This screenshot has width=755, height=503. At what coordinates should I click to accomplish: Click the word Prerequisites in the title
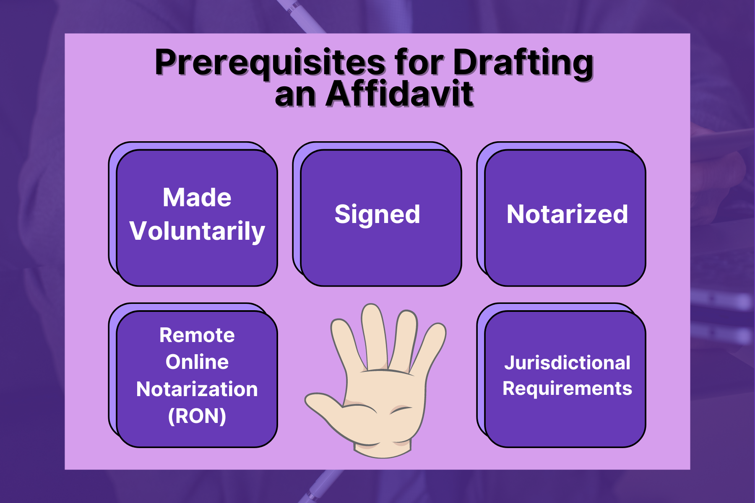tap(270, 63)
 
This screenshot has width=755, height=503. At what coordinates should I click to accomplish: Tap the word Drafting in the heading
tap(523, 63)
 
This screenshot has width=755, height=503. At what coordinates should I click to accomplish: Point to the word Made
tap(197, 197)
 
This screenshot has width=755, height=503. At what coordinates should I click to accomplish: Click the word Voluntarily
tap(197, 231)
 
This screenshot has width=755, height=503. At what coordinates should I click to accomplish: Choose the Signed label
tap(377, 215)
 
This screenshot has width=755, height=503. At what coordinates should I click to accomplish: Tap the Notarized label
tap(567, 214)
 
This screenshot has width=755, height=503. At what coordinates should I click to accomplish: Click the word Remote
tap(197, 335)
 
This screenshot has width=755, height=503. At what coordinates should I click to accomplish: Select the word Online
tap(197, 362)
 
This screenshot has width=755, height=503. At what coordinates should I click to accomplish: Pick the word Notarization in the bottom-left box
tap(197, 389)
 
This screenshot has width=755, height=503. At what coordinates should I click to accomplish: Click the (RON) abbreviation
tap(197, 416)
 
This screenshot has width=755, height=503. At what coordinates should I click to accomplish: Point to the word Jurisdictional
tap(567, 363)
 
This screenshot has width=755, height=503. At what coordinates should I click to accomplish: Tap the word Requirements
tap(567, 389)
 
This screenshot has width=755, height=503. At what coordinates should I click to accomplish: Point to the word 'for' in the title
tap(419, 63)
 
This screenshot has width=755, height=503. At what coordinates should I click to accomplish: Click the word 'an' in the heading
tap(295, 96)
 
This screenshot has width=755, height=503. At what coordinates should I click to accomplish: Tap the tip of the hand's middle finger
tap(372, 306)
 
